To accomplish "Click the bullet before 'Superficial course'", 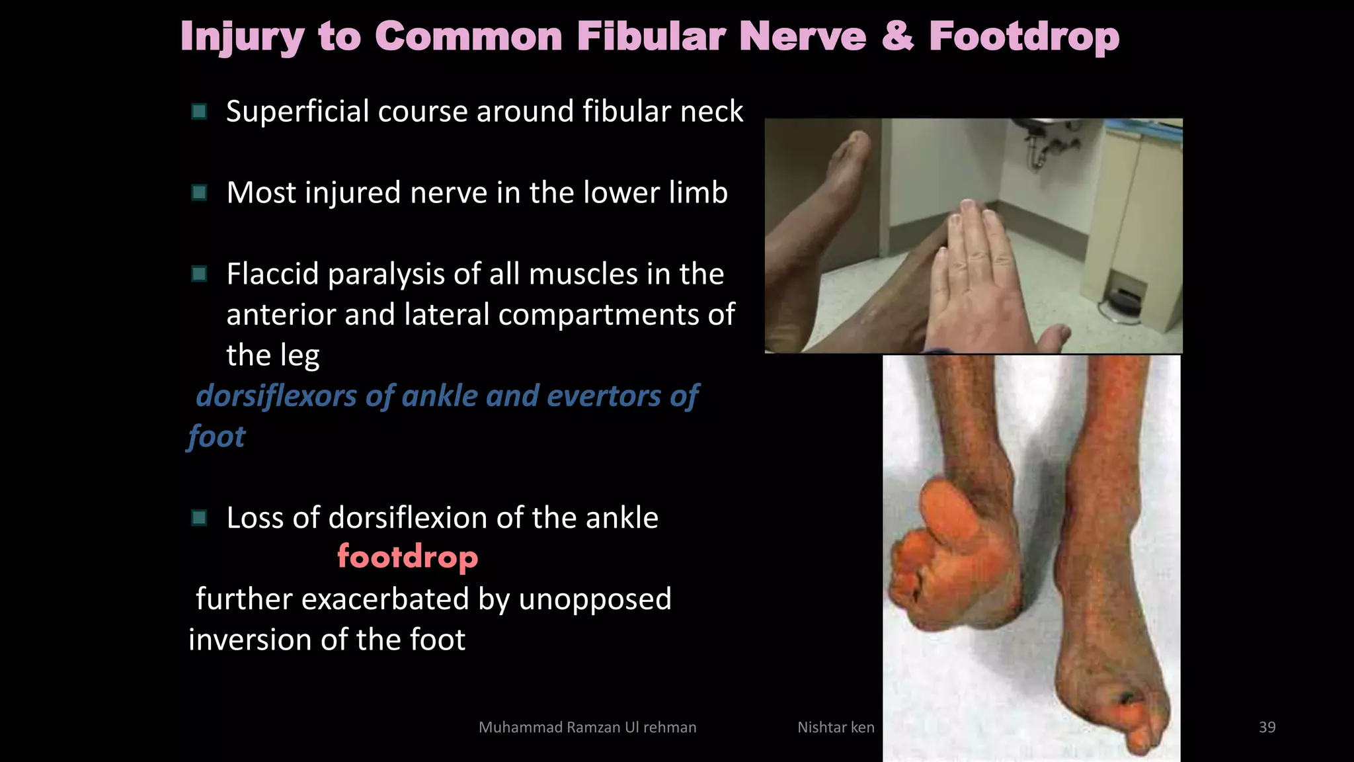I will click(x=199, y=111).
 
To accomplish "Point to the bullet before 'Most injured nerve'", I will click(x=199, y=192).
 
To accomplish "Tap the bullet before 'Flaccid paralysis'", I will click(x=199, y=274).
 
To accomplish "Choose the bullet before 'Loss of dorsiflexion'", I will click(x=199, y=517).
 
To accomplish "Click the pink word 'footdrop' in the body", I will click(x=407, y=557).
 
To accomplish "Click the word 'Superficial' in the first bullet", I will click(x=298, y=111).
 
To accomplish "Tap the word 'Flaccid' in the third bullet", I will click(x=273, y=274).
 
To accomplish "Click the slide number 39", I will click(x=1267, y=727).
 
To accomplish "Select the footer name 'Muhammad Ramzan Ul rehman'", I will click(x=587, y=727).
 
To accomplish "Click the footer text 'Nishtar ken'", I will click(x=836, y=727).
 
